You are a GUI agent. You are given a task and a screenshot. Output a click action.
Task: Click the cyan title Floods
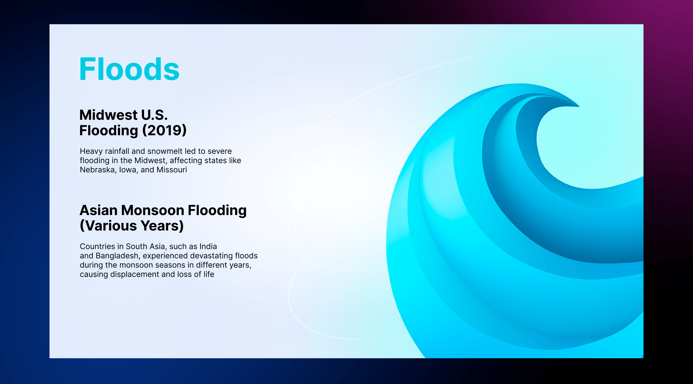coord(129,69)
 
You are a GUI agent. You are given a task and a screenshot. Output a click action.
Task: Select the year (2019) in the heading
coord(164,130)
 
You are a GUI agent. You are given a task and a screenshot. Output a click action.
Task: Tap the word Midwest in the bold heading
coord(108,115)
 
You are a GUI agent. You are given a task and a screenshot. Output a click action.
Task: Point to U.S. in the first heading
coord(154,115)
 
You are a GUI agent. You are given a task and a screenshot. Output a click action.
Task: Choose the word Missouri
coord(172,170)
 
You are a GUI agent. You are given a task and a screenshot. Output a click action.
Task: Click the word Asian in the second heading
coord(99,210)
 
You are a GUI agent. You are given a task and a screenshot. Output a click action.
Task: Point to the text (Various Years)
coord(132,226)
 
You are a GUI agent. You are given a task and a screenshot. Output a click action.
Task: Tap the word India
coord(208,246)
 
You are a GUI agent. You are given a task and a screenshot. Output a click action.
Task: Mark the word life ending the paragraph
coord(209,274)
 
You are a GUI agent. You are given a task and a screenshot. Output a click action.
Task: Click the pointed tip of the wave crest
coord(579,106)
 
